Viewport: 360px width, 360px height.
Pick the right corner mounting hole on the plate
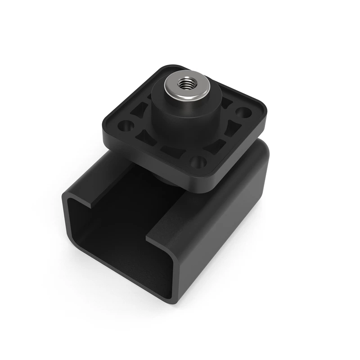[243, 112]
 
